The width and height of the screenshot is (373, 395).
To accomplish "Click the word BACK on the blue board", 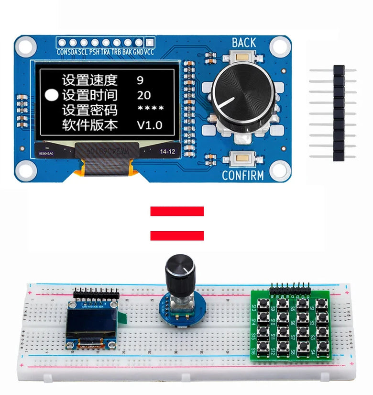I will pos(243,42).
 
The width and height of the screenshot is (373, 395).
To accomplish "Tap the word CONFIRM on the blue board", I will pos(242,176).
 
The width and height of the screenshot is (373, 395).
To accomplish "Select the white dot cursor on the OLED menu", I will pos(51,95).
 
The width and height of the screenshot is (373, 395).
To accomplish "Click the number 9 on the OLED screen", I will pos(140,80).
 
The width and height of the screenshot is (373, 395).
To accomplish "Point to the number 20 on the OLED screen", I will pos(143,95).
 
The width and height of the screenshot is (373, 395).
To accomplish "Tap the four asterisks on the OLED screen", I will pos(150,110).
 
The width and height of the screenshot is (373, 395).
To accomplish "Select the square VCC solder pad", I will pos(149,42).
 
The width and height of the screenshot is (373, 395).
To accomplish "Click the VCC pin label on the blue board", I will pos(149,52).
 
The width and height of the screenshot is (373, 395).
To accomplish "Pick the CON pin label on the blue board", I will pos(62,52).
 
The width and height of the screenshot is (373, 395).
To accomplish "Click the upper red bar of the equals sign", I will pos(177,211).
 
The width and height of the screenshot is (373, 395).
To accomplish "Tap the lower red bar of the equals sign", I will pos(177,235).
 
